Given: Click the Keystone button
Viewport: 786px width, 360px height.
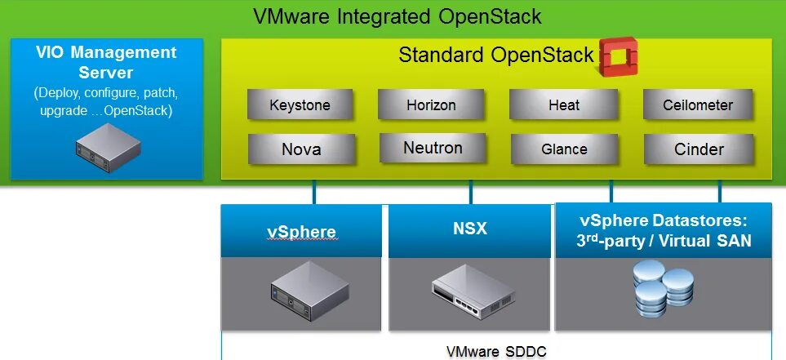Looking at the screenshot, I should pos(300,105).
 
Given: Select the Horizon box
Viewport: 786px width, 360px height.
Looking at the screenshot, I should pos(431,105).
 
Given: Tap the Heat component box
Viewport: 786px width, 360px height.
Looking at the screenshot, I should pos(564,105).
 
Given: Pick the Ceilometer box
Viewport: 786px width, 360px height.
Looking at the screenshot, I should pos(697,105).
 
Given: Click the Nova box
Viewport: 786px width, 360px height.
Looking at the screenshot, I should pos(301,149).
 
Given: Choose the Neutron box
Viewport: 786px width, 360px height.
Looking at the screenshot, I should pos(433,149).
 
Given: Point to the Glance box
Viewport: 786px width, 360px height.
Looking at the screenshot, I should pos(564,149).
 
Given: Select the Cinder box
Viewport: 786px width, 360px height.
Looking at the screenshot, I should pos(699,149).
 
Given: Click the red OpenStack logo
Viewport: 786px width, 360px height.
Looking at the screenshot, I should pos(617,57).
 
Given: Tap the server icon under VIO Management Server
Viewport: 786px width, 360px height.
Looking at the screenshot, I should pos(106,147).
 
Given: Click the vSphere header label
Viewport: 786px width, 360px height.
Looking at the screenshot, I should pos(301,231).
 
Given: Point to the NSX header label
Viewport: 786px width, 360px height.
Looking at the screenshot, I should pos(469,229).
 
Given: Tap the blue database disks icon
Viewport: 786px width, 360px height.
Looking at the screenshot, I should pos(663,292).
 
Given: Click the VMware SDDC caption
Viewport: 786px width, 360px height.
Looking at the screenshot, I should pos(496,352).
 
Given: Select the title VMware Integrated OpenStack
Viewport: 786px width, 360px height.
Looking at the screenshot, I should pos(397,17).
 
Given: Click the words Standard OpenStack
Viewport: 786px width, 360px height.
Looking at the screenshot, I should pos(495,56).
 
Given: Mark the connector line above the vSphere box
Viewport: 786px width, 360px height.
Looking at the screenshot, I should pos(313,192).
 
